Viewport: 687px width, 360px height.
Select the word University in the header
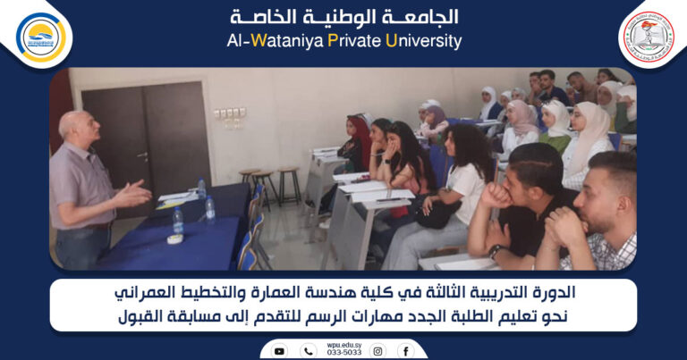coord(424,41)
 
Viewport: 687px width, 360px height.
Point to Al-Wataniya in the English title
coord(264,41)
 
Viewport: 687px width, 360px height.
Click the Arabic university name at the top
coord(344,16)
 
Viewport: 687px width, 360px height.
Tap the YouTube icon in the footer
coord(279,351)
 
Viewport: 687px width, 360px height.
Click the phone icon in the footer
coord(309,351)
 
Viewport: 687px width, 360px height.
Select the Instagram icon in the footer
coord(378,351)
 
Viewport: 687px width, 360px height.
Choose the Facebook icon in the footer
coord(405,351)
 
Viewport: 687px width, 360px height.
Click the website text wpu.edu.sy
coord(343,345)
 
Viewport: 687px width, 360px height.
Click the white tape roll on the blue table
coord(175,239)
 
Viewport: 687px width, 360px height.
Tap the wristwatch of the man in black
coord(494,251)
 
